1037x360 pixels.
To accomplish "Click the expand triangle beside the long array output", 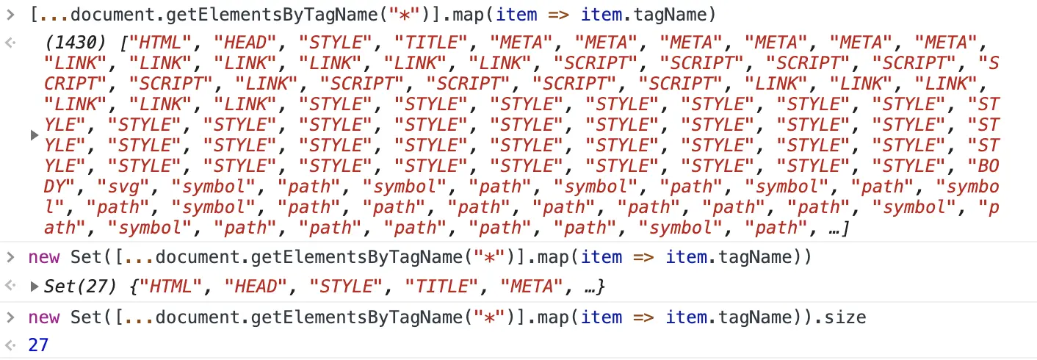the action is pos(34,136).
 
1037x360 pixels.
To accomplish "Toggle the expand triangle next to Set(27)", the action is pos(34,287).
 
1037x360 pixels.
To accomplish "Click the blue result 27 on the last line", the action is pos(38,344).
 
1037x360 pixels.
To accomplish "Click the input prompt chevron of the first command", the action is pos(10,14).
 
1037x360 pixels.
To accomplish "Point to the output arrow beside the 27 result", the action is pos(10,344).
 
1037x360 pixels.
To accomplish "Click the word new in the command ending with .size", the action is pos(45,317).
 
